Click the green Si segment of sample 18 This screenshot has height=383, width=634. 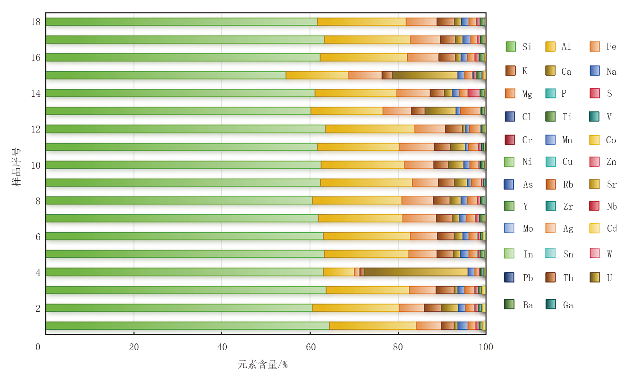pos(181,22)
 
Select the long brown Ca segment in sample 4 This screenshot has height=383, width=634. pos(416,272)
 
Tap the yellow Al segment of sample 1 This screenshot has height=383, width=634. pos(373,326)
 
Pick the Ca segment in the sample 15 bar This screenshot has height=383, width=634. pos(425,75)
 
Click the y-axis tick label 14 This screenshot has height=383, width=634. pos(36,94)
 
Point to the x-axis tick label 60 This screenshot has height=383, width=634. pos(311,347)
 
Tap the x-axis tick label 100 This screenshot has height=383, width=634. pos(486,347)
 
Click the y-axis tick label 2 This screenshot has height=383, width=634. pos(38,308)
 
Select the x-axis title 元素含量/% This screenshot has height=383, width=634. pos(262,364)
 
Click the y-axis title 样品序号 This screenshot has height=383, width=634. pos(16,167)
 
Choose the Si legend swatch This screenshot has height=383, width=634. pos(511,46)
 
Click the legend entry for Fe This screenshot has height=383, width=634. pos(603,46)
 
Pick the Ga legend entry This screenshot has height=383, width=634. pos(559,305)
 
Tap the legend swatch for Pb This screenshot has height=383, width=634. pos(509,277)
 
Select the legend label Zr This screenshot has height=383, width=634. pos(568,206)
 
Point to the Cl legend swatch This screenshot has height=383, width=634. pos(510,117)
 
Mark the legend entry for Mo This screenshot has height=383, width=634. pos(518,228)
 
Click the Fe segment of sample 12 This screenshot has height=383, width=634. pos(430,129)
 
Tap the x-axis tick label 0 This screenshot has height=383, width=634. pos(38,347)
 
